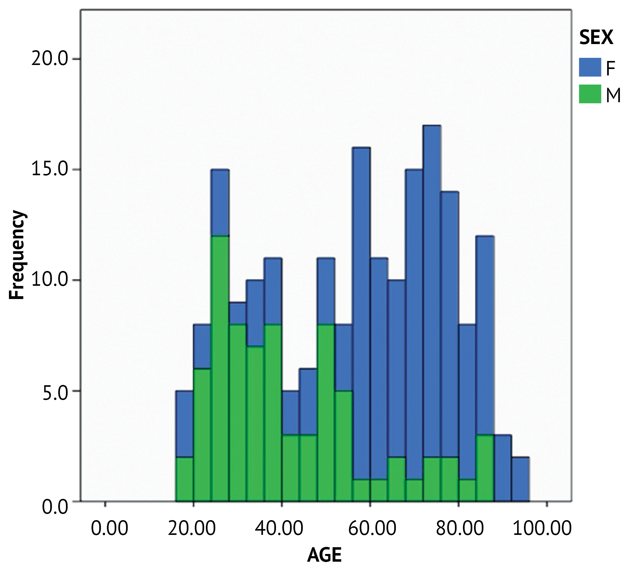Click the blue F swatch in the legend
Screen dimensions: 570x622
click(x=590, y=67)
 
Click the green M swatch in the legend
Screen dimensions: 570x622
click(x=590, y=94)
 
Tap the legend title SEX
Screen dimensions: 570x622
click(x=596, y=38)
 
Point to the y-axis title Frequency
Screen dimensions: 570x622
click(x=17, y=254)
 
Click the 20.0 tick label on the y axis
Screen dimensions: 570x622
click(x=49, y=59)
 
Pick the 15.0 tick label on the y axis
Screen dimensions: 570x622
click(x=49, y=169)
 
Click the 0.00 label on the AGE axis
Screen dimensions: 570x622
click(x=109, y=528)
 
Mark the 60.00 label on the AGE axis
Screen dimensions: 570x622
click(x=372, y=528)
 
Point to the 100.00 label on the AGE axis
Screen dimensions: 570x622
click(x=542, y=528)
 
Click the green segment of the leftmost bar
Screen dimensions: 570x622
click(x=184, y=479)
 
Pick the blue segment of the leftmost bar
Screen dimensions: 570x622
click(x=184, y=424)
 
